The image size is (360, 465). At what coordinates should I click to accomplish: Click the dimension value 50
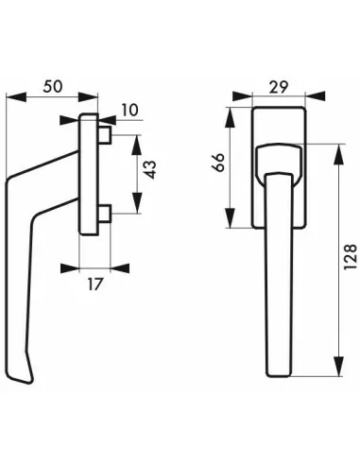click(x=53, y=86)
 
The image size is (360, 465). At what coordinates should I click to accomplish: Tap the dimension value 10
click(x=129, y=111)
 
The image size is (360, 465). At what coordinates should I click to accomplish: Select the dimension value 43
click(x=150, y=170)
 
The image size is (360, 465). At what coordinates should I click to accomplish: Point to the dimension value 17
click(x=94, y=284)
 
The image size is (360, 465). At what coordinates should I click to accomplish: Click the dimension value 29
click(x=279, y=87)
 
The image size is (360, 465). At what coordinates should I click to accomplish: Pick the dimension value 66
click(x=219, y=162)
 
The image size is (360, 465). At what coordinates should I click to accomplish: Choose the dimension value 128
click(x=351, y=257)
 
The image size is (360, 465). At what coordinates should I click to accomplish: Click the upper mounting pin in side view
click(x=105, y=134)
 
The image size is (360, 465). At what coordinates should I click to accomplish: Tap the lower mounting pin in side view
click(x=105, y=214)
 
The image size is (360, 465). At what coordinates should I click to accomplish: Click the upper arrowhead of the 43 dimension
click(x=136, y=145)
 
